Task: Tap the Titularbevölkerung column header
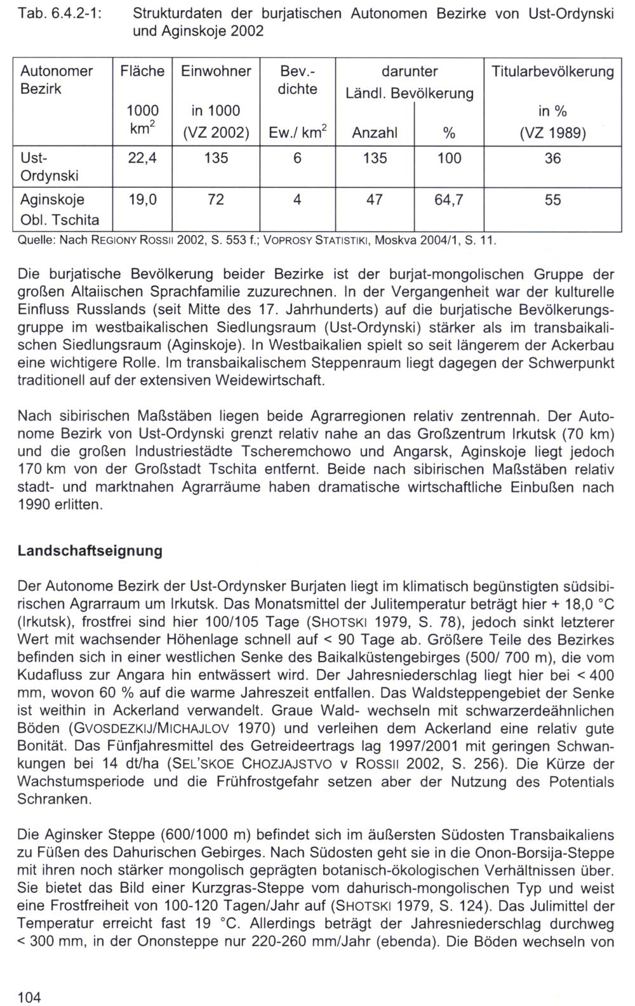(552, 71)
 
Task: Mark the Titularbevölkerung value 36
(552, 158)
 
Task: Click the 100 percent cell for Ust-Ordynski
(449, 158)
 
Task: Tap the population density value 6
(297, 158)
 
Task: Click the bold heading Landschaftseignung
(90, 551)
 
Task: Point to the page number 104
(29, 997)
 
